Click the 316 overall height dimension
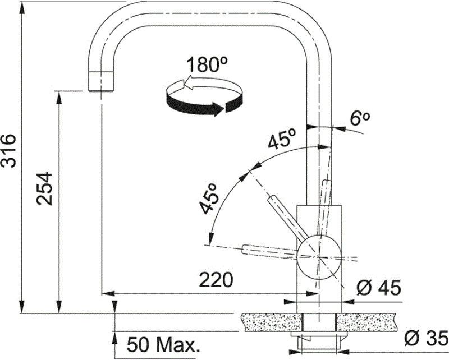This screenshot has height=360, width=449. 8,151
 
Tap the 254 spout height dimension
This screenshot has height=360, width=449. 44,188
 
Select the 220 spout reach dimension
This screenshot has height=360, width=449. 216,280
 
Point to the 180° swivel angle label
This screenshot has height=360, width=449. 207,64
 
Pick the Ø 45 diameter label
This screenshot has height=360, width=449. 378,288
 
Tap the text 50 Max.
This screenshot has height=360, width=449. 163,345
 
